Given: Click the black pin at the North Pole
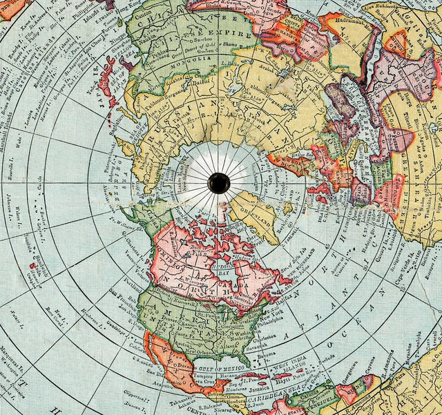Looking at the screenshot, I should (219, 183).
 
